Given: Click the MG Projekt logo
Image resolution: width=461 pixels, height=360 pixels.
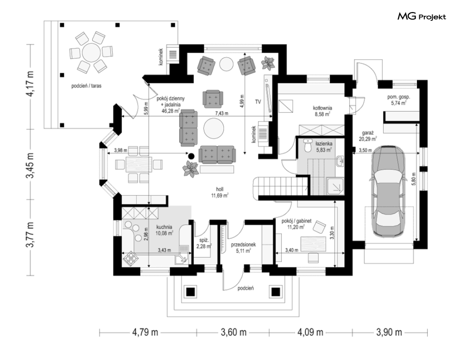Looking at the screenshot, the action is (422, 17).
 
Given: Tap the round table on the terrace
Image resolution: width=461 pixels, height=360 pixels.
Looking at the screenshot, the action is (92, 53).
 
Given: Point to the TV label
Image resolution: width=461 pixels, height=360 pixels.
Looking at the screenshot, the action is (258, 102).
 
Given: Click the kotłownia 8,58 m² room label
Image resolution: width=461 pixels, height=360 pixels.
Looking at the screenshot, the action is (322, 111).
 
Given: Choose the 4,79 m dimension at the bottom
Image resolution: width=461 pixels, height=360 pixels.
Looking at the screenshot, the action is (145, 333).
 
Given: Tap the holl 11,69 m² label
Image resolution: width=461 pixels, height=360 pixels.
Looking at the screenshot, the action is (220, 192).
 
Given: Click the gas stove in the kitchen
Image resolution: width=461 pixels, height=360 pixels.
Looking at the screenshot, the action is (130, 259).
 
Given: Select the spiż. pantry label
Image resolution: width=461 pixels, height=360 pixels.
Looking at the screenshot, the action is (203, 244).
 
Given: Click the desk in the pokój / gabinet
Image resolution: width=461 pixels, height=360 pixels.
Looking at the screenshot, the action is (313, 244).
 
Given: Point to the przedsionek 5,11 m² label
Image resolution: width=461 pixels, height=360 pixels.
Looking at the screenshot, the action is (243, 247).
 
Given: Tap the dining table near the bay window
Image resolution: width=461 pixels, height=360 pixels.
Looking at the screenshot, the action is (139, 164).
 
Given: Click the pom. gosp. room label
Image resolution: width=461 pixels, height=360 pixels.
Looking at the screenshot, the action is (398, 100).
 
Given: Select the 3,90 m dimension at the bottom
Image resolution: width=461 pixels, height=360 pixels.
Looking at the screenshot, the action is (389, 333).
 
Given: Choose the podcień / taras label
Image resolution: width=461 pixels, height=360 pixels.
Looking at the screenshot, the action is (87, 86).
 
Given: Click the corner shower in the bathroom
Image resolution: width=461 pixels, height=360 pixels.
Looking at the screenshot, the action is (336, 186).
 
